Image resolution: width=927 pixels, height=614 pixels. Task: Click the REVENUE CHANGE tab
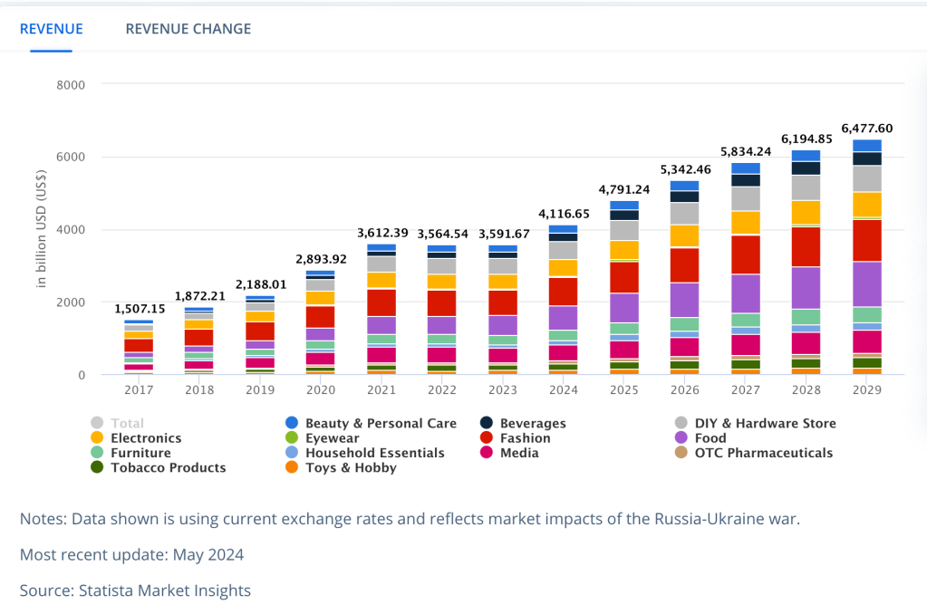tap(188, 29)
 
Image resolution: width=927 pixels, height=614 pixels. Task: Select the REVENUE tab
tap(51, 29)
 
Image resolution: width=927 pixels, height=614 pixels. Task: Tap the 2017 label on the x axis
tap(139, 389)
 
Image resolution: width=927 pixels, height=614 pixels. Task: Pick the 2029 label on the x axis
tap(866, 389)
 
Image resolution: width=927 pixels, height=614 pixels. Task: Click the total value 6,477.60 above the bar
tap(866, 128)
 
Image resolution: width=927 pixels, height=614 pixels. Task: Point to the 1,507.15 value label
tap(139, 309)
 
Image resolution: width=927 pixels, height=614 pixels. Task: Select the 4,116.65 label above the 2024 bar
tap(563, 214)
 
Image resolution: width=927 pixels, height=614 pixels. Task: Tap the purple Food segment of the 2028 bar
tap(806, 287)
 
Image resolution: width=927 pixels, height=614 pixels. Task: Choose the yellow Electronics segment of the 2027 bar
tap(745, 223)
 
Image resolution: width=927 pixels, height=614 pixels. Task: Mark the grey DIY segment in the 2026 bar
tap(684, 213)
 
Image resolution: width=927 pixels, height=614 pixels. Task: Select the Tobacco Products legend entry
tap(168, 468)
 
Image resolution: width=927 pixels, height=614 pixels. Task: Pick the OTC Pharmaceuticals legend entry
tap(763, 453)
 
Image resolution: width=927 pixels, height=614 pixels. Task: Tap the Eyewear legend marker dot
tap(292, 438)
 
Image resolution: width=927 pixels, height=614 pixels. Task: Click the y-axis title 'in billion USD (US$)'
tap(42, 230)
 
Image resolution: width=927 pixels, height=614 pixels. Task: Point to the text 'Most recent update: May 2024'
tap(131, 554)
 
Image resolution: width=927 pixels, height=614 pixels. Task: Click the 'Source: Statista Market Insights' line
tap(135, 590)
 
